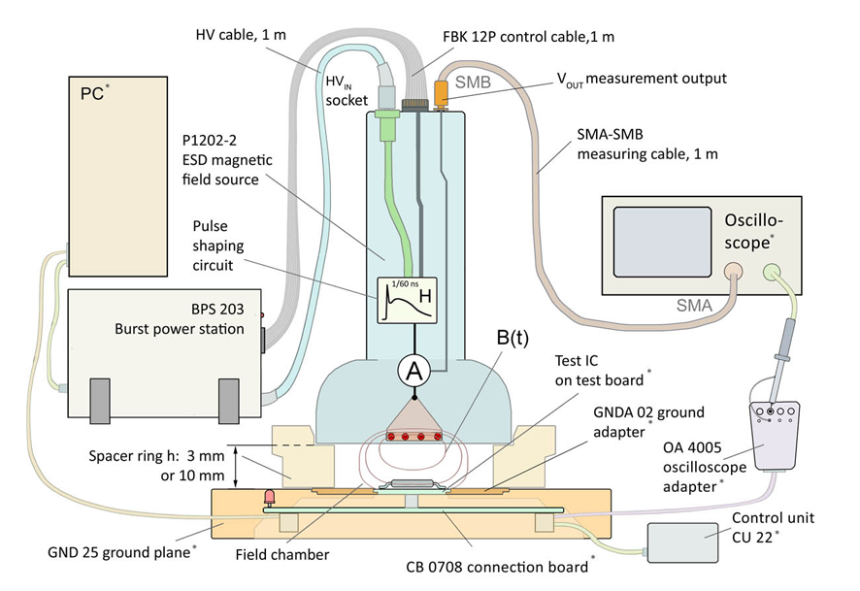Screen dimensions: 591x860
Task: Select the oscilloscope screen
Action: (661, 246)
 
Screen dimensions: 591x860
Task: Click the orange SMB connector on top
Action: (441, 94)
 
